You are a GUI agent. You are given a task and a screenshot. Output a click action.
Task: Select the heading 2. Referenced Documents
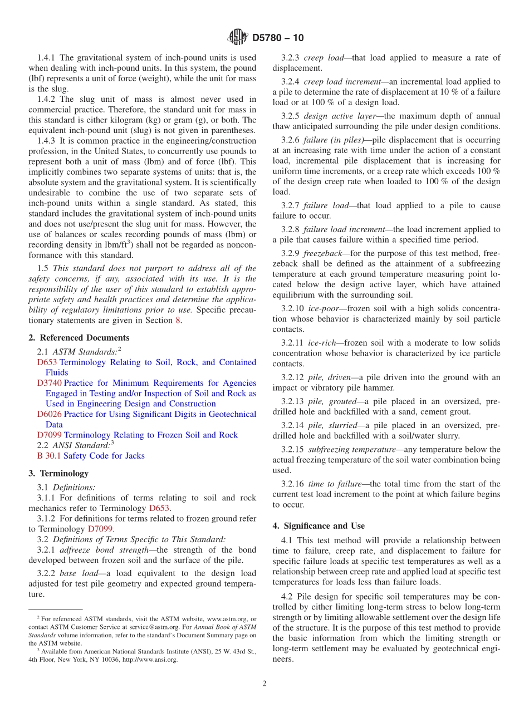tap(79, 338)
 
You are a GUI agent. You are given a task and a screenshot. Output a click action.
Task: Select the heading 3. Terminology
tap(58, 473)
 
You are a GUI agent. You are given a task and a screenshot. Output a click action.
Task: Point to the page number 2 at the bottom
tap(264, 684)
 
